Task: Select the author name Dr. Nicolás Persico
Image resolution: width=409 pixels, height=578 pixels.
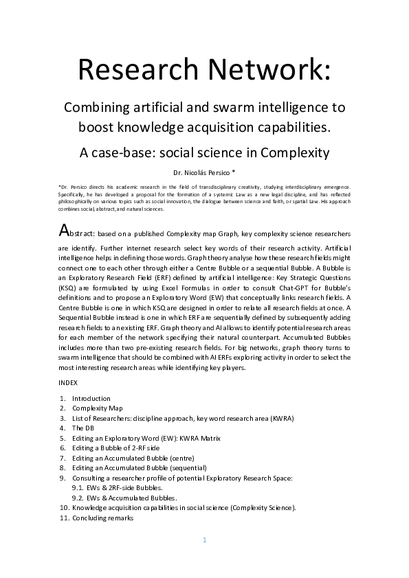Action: pyautogui.click(x=203, y=171)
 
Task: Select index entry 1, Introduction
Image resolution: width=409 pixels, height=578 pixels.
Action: pyautogui.click(x=91, y=398)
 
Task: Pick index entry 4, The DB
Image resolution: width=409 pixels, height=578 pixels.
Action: pyautogui.click(x=85, y=428)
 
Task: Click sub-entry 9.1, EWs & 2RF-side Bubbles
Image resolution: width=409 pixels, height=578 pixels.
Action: pyautogui.click(x=122, y=488)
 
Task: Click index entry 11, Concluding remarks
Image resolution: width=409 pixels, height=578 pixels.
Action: pyautogui.click(x=103, y=518)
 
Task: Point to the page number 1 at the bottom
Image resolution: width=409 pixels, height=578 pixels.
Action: pyautogui.click(x=204, y=540)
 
